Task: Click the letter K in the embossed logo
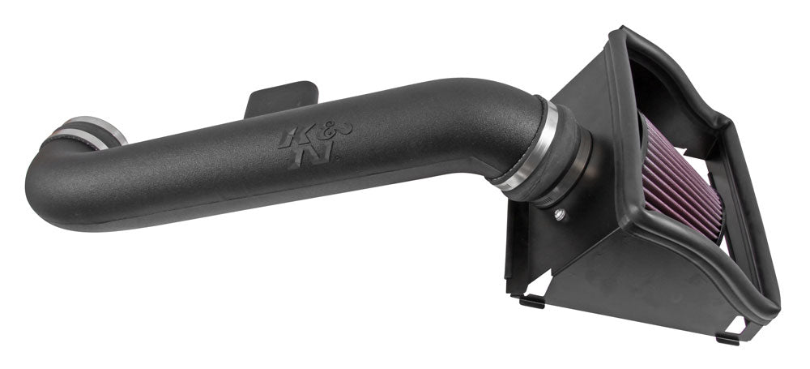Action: point(290,137)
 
